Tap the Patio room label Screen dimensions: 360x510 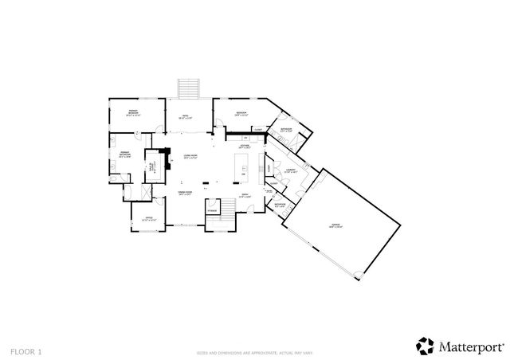pyautogui.click(x=185, y=117)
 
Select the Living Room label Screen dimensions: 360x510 pyautogui.click(x=190, y=156)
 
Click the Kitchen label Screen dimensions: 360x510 pyautogui.click(x=245, y=146)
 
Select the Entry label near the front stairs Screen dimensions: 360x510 pyautogui.click(x=245, y=196)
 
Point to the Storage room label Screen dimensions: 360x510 pyautogui.click(x=212, y=210)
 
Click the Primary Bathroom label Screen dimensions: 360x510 pyautogui.click(x=125, y=154)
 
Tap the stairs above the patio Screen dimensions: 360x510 pyautogui.click(x=188, y=86)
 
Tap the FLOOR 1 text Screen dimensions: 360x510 pyautogui.click(x=26, y=350)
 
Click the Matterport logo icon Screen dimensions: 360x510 pyautogui.click(x=423, y=345)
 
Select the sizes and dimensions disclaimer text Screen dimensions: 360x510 pyautogui.click(x=254, y=351)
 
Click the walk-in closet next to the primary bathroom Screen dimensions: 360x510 pyautogui.click(x=151, y=166)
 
